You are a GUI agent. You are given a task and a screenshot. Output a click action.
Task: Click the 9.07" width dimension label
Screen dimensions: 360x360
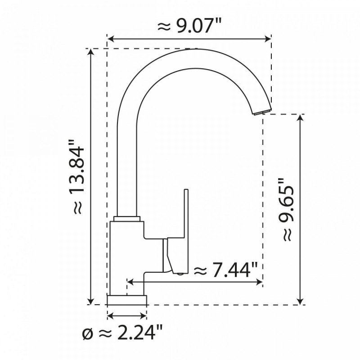pos(189,26)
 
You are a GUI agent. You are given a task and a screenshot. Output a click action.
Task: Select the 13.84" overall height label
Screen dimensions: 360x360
pos(77,180)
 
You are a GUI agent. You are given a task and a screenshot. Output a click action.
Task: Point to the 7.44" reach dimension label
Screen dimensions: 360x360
pos(225,271)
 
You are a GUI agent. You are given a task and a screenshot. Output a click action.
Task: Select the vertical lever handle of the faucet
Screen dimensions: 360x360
pos(185,225)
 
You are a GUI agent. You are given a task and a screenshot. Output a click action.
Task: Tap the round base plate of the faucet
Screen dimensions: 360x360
pos(127,299)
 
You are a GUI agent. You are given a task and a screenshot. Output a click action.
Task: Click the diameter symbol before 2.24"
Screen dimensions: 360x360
pos(88,334)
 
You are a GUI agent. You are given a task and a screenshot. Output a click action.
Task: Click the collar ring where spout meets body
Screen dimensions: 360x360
pos(127,219)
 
